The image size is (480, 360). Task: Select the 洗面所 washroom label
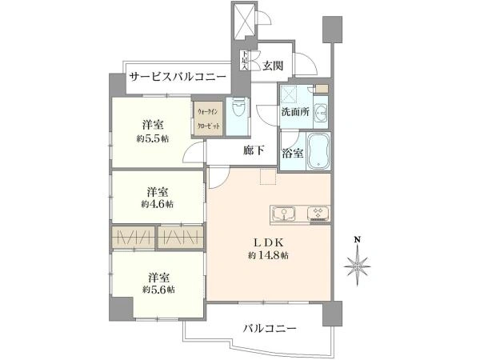pyautogui.click(x=294, y=112)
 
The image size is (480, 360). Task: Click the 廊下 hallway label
pyautogui.click(x=255, y=150)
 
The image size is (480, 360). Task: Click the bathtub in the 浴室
pyautogui.click(x=318, y=150)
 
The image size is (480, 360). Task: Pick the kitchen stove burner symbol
pyautogui.click(x=317, y=213)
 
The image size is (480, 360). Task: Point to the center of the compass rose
pyautogui.click(x=359, y=262)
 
